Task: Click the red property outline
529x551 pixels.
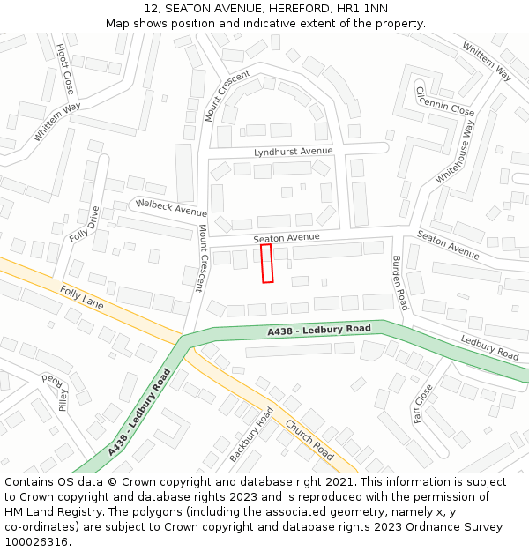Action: [x=267, y=264]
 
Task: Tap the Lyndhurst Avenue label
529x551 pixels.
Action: [x=294, y=152]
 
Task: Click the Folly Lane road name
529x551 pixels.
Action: [x=82, y=298]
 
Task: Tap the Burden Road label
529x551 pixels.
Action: [x=399, y=282]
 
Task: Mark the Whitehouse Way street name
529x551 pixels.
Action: [x=455, y=153]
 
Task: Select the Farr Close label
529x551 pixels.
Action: [x=423, y=403]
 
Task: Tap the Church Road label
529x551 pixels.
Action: [x=309, y=439]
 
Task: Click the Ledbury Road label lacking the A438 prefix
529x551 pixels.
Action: [x=489, y=347]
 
